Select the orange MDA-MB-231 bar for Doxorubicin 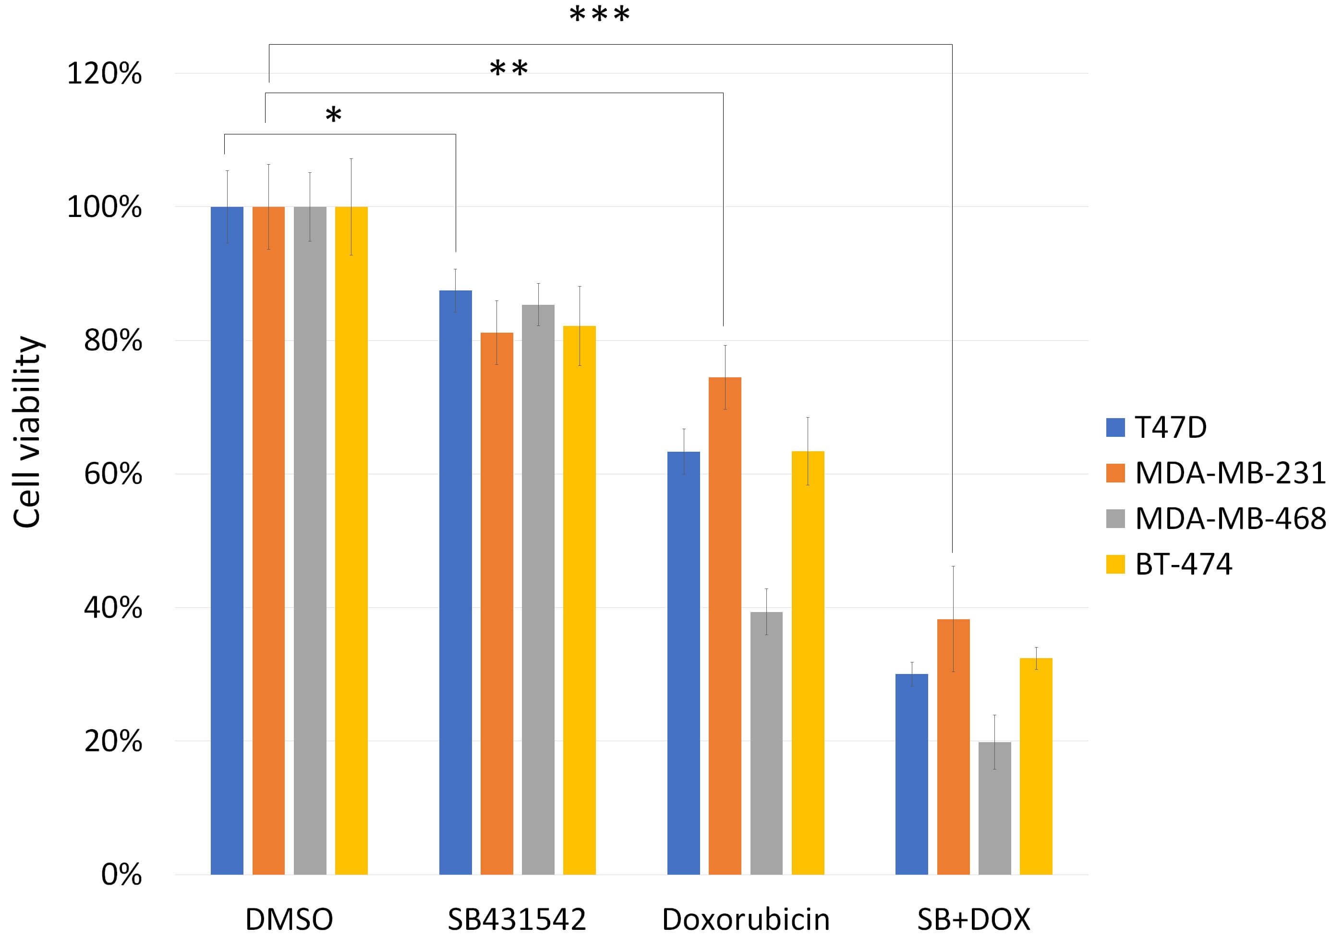tap(725, 625)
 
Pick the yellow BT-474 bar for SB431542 tap(579, 600)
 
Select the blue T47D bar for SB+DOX tap(911, 774)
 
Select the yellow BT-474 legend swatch tap(1115, 564)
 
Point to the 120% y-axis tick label tap(104, 73)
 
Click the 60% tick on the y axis tap(113, 474)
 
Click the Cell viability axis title tap(27, 432)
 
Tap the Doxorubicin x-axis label tap(746, 919)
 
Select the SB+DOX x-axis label tap(973, 919)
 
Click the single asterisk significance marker tap(333, 114)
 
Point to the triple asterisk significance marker tap(599, 14)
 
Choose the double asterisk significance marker tap(508, 69)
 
